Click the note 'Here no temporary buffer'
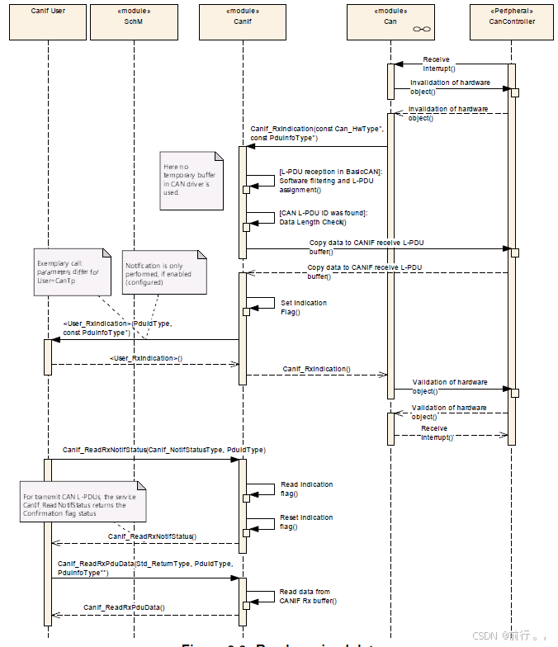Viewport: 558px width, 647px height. point(192,179)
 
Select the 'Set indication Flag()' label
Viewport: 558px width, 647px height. point(303,307)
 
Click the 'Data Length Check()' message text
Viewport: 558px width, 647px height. point(313,221)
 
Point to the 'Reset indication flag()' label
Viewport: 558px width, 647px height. point(306,522)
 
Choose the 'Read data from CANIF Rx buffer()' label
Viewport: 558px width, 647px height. point(307,596)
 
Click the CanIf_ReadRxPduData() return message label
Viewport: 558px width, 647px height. point(124,607)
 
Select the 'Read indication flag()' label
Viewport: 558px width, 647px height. point(306,489)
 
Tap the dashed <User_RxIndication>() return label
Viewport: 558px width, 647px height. point(145,358)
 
